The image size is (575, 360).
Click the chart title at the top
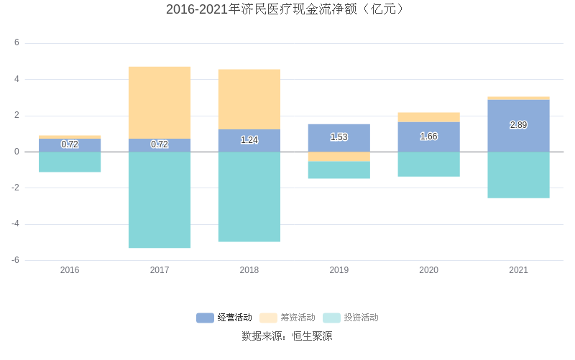click(287, 9)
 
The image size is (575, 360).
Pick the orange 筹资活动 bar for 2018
click(249, 99)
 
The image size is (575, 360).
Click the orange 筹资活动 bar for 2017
click(160, 103)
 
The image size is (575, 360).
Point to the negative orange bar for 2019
click(339, 157)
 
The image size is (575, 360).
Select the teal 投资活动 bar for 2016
click(70, 162)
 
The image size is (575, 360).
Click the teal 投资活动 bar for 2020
click(428, 164)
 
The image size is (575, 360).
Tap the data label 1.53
click(339, 137)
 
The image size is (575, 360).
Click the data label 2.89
click(518, 125)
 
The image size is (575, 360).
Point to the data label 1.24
click(249, 140)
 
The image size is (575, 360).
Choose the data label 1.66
click(428, 137)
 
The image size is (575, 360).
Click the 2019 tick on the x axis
click(339, 270)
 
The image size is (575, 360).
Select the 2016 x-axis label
click(70, 270)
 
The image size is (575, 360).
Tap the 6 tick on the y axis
click(17, 43)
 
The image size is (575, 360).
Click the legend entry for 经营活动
click(224, 318)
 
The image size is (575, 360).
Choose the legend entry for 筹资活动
click(287, 318)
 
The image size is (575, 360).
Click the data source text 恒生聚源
click(312, 336)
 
